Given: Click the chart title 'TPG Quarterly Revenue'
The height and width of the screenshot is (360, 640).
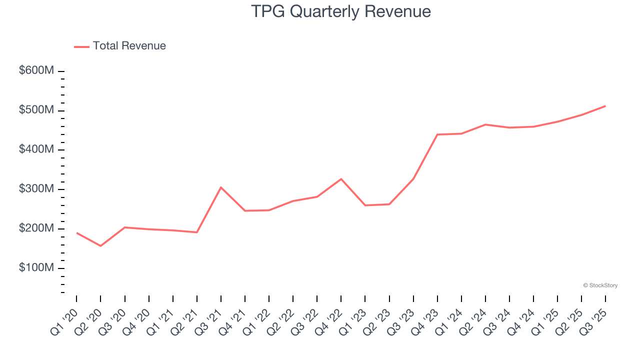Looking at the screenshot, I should [x=340, y=11].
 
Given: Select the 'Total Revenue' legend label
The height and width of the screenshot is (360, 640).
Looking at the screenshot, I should [x=129, y=46].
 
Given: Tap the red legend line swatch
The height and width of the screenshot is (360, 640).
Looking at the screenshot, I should [x=81, y=46].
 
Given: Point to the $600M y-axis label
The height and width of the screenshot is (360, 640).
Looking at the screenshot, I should [x=36, y=71].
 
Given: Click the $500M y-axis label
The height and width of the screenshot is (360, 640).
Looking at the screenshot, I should [x=36, y=110].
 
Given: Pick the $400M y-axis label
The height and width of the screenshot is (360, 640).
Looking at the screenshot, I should [x=36, y=149].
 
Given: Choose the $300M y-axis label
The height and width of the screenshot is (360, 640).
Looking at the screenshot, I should [x=36, y=189].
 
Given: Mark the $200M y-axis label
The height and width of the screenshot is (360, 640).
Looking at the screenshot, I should [x=36, y=228].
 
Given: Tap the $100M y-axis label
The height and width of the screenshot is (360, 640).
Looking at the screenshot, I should [x=36, y=268].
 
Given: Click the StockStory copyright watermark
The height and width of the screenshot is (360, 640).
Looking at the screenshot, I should [x=600, y=285].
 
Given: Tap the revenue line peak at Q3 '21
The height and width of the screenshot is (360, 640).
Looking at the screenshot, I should [x=221, y=187].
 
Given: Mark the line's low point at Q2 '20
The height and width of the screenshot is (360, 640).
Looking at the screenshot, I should [x=100, y=246].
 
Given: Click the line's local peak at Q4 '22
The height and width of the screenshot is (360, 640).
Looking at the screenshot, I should [x=341, y=179].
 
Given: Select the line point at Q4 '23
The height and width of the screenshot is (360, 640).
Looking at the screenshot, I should [x=437, y=134].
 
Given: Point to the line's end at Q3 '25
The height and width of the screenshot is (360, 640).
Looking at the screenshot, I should [x=605, y=106].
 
